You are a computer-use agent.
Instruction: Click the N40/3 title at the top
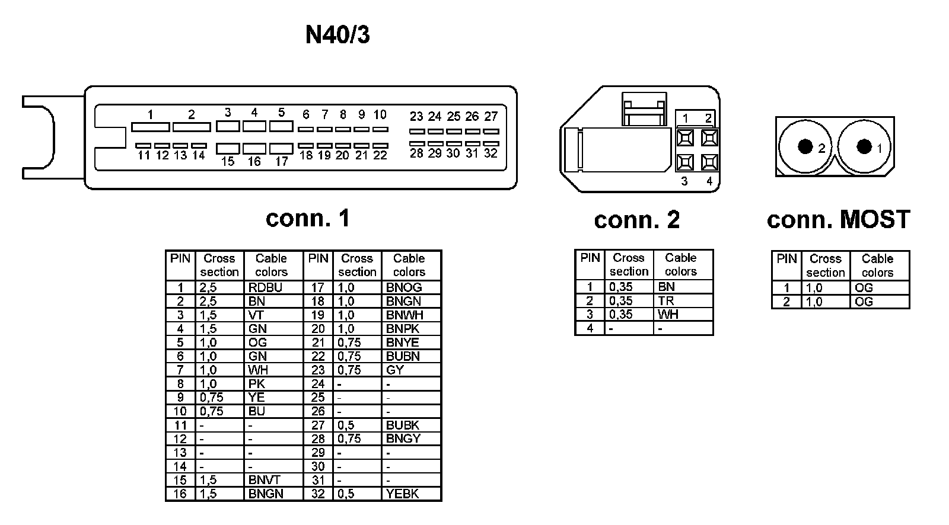337,35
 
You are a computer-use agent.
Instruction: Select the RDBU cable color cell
265,287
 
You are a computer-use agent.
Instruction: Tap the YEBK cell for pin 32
403,494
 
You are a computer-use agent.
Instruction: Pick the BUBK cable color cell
403,425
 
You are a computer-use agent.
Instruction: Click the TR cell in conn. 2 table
666,300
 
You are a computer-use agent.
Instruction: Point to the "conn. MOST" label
837,220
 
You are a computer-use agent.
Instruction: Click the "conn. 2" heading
636,220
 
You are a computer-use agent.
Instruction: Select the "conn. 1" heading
308,218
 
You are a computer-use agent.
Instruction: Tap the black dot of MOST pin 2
805,146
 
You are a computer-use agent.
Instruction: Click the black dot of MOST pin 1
864,146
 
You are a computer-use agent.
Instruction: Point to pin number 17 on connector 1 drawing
282,161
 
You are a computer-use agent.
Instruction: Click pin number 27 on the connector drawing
491,116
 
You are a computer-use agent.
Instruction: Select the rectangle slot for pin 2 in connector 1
191,127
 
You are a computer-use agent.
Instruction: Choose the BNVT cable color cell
265,480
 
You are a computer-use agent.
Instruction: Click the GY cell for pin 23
395,370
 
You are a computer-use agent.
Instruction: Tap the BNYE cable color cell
403,342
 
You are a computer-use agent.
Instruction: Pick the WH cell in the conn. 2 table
668,314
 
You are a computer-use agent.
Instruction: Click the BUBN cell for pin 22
403,356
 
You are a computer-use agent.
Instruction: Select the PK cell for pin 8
257,383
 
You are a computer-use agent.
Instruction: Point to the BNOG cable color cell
404,287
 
